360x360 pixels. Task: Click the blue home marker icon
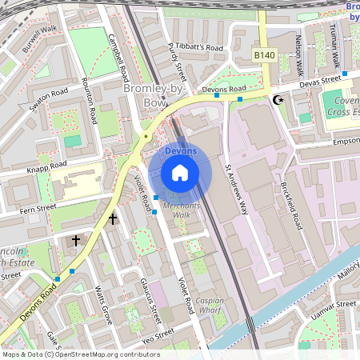tap(180, 172)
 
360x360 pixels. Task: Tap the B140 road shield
tap(265, 54)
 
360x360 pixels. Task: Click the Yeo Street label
tap(158, 333)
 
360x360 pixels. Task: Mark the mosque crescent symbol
tap(278, 100)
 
